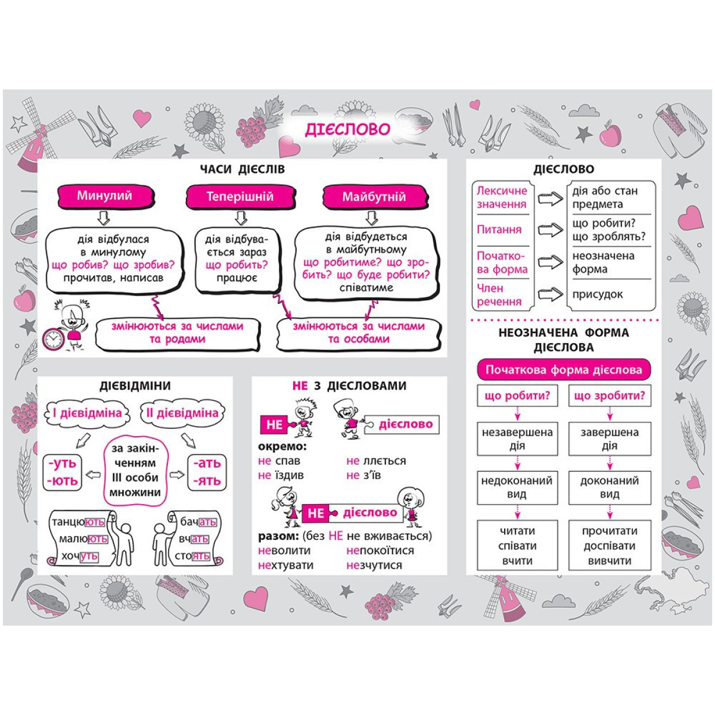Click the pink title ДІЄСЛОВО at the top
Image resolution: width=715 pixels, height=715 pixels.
347,129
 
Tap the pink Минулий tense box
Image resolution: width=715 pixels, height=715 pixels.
104,196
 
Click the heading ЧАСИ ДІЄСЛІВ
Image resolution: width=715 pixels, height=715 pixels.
243,169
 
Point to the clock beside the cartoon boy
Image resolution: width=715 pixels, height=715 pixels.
53,339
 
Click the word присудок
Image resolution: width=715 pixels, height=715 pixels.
597,294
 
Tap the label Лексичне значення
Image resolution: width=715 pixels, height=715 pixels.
502,197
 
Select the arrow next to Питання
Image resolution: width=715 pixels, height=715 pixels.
550,230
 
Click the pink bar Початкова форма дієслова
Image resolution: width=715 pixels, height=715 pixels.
563,370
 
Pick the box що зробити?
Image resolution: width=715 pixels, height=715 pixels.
610,396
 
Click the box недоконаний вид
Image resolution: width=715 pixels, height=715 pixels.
517,487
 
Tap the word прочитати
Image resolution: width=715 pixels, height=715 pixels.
610,531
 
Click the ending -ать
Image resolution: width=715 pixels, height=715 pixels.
207,463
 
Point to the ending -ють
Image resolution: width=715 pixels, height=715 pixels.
63,481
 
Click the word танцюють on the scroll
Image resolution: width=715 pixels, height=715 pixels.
78,522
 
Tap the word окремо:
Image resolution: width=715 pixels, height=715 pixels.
282,446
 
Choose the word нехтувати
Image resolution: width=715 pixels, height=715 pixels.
285,565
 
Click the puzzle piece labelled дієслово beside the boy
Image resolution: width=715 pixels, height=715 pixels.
405,424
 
